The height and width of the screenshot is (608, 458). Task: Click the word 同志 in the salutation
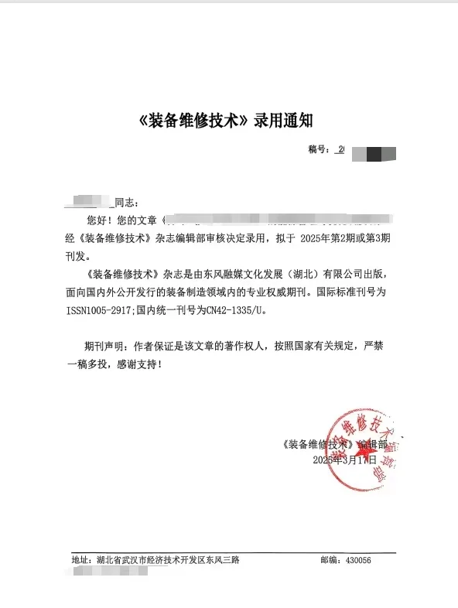[x=125, y=203]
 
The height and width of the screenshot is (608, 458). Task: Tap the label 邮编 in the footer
[x=329, y=559]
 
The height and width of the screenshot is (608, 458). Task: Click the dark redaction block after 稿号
[x=374, y=152]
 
